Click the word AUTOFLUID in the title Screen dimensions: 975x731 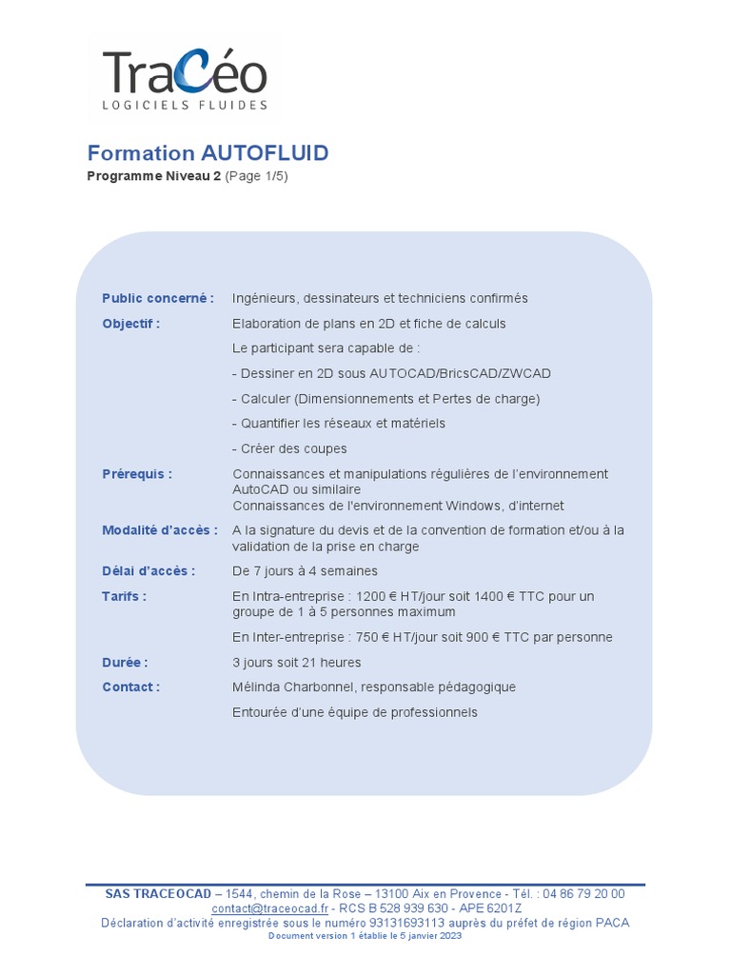[265, 153]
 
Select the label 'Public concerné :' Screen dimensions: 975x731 [158, 298]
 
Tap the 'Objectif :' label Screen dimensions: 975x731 [131, 324]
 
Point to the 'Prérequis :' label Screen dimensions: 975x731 [137, 474]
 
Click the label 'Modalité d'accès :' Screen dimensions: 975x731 [160, 530]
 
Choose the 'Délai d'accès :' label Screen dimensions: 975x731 [148, 571]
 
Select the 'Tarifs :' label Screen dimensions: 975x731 [125, 596]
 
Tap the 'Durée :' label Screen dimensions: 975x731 [125, 663]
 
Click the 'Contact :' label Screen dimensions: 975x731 [131, 687]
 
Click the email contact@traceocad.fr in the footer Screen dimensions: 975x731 [269, 908]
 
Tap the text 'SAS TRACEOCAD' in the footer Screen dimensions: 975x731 [158, 894]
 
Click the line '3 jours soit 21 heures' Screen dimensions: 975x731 [297, 663]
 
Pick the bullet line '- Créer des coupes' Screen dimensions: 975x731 [289, 448]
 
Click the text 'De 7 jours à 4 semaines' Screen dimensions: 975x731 [305, 571]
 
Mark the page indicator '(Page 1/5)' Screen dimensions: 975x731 [256, 176]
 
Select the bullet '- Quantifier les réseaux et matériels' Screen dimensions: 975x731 [339, 423]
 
